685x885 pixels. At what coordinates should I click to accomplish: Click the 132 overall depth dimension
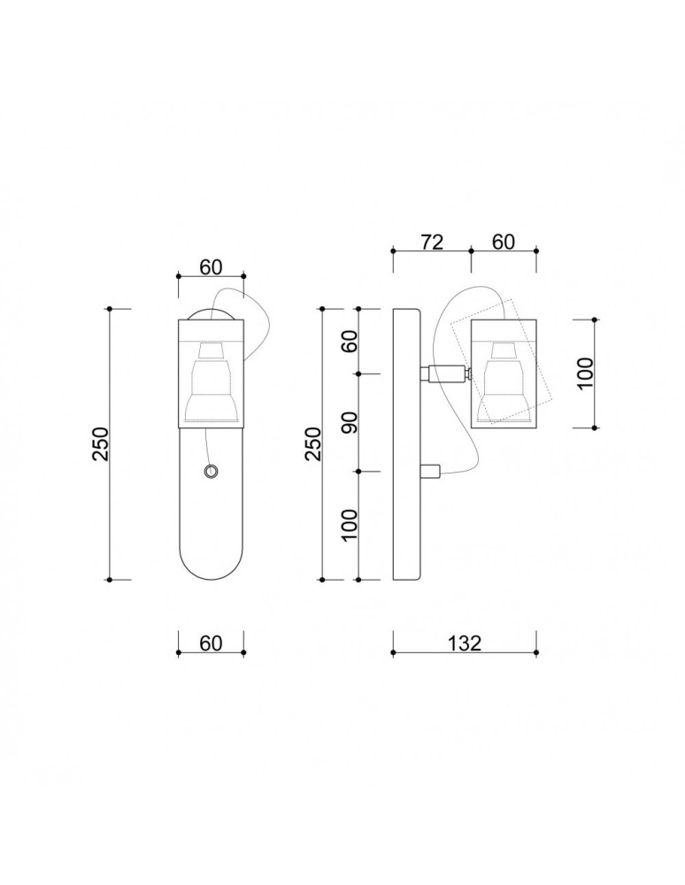click(465, 643)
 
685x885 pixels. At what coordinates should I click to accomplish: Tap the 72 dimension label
click(431, 242)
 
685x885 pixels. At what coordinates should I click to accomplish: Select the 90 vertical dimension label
click(349, 422)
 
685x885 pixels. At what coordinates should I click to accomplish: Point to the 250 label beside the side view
click(313, 444)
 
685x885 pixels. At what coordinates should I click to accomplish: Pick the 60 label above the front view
click(210, 265)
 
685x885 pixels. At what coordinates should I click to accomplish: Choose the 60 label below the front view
click(210, 643)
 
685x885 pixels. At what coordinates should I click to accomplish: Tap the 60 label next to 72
click(503, 242)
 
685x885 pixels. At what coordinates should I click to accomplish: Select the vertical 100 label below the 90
click(349, 526)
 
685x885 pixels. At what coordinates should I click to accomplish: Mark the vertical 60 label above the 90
click(349, 342)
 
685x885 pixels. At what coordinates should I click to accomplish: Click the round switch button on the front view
click(210, 472)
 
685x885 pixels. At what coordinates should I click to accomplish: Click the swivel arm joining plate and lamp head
click(445, 374)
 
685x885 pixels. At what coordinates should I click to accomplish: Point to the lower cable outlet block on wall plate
click(430, 472)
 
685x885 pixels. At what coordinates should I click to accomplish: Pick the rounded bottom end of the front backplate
click(211, 566)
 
